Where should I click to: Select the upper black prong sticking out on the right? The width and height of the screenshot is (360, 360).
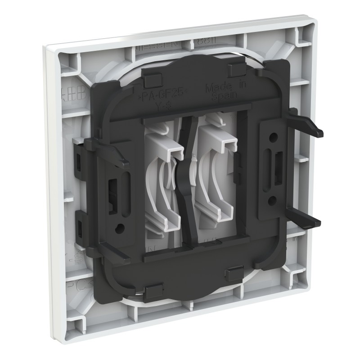pos(310,129)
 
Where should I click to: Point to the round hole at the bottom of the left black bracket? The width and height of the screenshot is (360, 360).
pos(119,229)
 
